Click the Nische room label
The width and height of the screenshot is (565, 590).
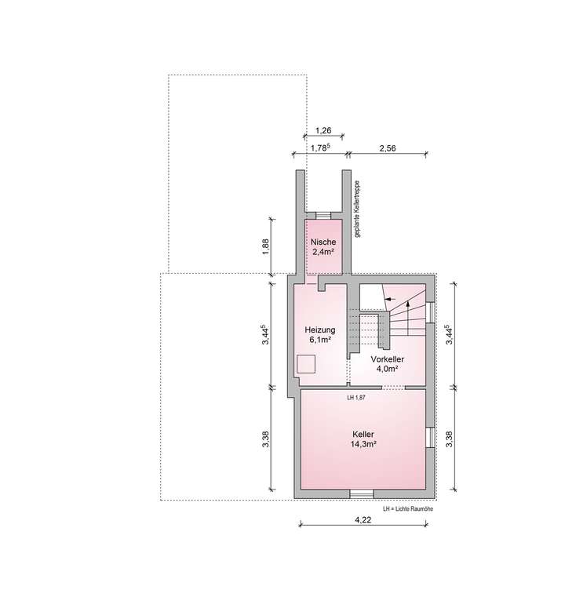[323, 241]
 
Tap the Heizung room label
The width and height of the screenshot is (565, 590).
[320, 330]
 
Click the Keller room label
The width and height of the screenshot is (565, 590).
[363, 434]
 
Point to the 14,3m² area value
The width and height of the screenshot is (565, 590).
[363, 444]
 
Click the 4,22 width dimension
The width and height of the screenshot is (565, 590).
[363, 519]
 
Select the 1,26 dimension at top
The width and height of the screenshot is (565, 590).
[323, 130]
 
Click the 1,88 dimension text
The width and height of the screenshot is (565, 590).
[267, 246]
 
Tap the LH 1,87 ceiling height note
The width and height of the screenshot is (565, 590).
[356, 398]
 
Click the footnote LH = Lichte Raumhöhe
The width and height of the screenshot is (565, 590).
[408, 509]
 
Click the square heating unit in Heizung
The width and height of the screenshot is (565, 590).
[306, 365]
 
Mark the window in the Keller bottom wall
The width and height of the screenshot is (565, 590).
[362, 493]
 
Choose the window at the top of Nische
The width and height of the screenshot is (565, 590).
[323, 214]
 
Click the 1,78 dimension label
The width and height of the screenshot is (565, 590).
[319, 147]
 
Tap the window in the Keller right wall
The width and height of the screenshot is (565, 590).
[428, 437]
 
